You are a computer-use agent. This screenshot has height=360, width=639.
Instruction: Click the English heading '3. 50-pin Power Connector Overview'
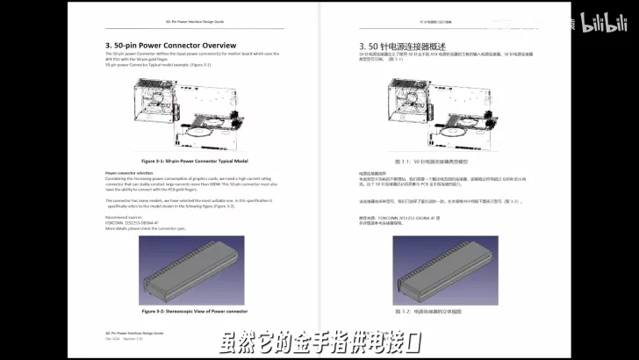point(169,46)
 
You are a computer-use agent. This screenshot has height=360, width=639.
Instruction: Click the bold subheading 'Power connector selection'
point(129,174)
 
